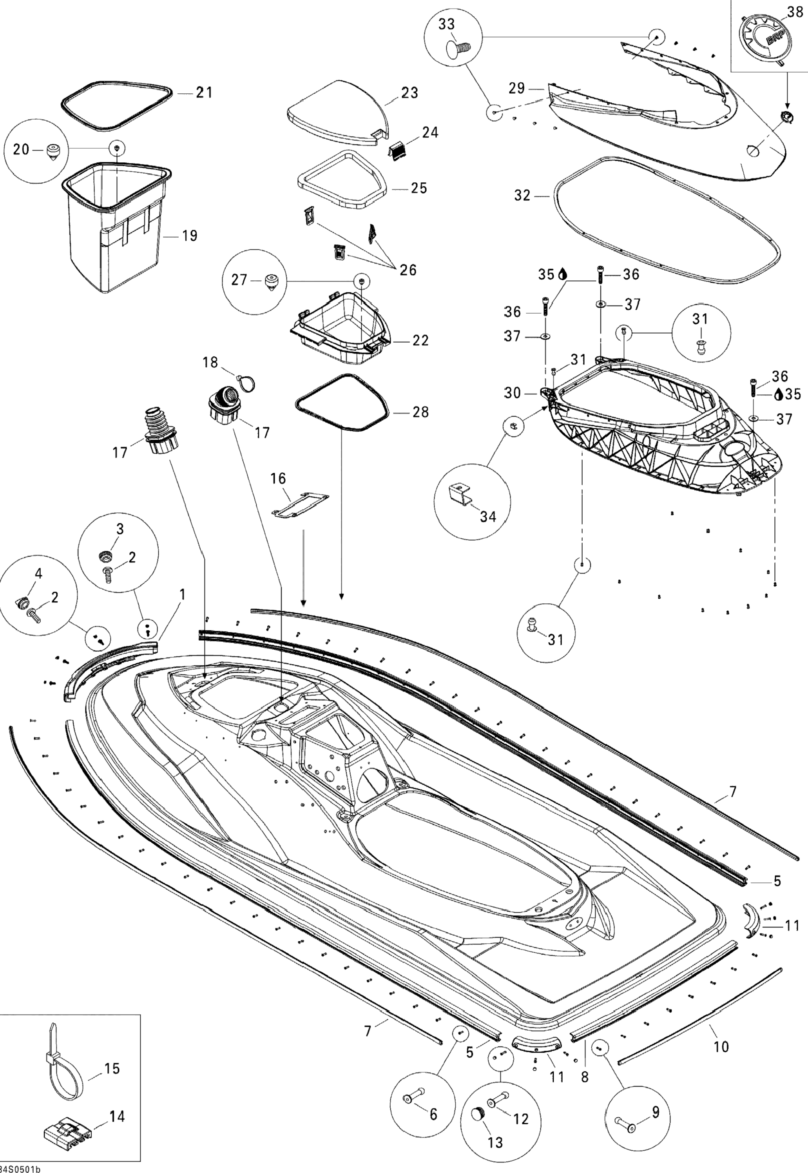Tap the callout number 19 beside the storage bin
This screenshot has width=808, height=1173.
[x=189, y=236]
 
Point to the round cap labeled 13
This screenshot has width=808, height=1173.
[x=478, y=1113]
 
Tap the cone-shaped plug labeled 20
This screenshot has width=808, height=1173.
[x=52, y=151]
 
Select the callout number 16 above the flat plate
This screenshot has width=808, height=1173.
[x=278, y=478]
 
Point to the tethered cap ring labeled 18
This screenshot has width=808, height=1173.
[x=247, y=383]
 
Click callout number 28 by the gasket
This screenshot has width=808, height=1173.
[x=420, y=412]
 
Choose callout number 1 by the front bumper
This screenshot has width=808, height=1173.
[x=182, y=594]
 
